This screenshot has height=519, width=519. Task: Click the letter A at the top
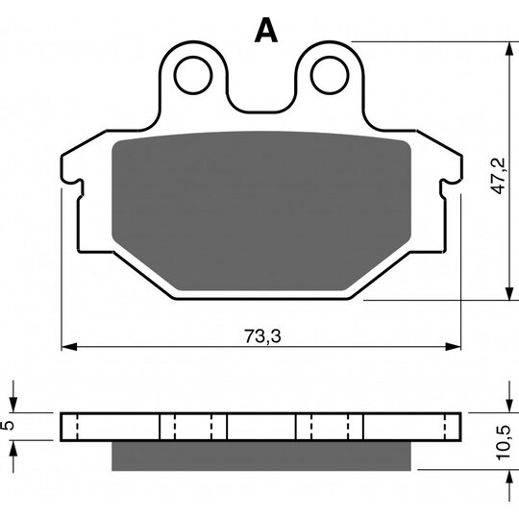[266, 30]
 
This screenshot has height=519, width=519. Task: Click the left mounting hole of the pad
[193, 75]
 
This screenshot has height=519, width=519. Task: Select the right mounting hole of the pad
[330, 75]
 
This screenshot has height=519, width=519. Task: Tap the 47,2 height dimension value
[498, 176]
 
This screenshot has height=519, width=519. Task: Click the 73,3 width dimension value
[262, 336]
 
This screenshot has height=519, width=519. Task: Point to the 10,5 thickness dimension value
[503, 442]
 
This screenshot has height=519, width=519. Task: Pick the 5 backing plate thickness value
[10, 425]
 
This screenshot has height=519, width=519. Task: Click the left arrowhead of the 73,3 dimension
[69, 347]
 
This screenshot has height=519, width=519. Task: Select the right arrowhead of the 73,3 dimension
[453, 347]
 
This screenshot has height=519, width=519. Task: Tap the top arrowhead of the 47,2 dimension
[508, 50]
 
